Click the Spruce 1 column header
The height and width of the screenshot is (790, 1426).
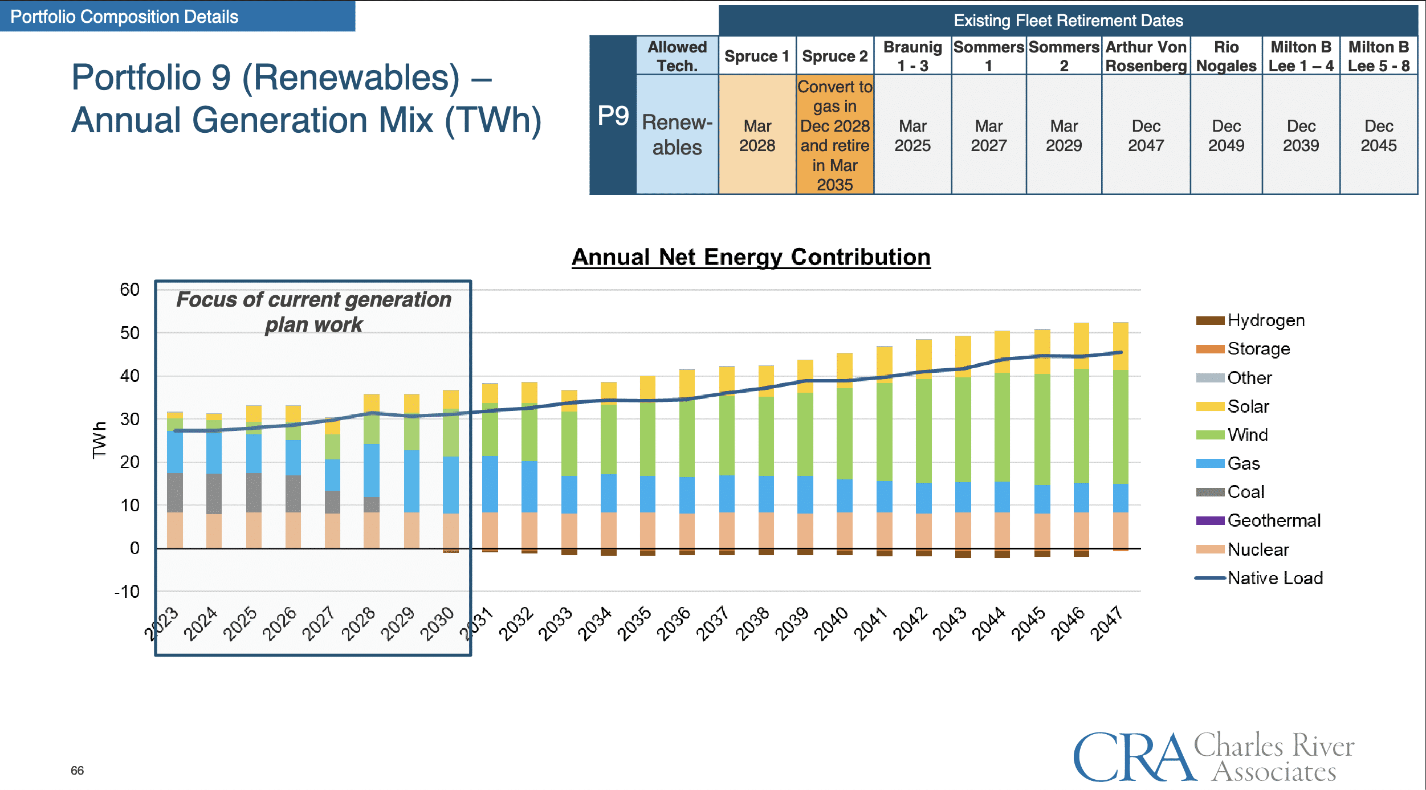point(756,56)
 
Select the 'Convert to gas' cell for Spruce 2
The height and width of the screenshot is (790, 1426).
point(834,135)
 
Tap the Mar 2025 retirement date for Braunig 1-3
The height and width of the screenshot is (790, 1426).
point(912,136)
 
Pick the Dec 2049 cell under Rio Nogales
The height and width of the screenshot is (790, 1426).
point(1226,136)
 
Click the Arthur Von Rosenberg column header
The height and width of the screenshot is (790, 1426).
point(1146,56)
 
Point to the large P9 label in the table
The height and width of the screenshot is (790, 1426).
point(613,116)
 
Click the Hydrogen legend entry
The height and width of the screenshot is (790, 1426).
point(1265,320)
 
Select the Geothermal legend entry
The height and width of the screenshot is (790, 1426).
point(1273,520)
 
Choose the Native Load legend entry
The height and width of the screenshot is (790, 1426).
point(1274,578)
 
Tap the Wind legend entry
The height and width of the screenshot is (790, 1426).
point(1247,435)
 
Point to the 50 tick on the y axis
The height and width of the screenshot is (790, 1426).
point(130,333)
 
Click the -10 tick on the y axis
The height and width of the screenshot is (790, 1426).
point(127,592)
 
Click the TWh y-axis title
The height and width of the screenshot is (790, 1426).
point(99,439)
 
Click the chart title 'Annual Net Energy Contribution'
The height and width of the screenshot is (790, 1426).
point(751,257)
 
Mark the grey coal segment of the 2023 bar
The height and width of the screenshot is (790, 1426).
point(175,492)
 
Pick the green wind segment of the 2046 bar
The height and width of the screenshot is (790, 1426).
point(1081,426)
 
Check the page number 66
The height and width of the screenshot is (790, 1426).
point(77,771)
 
